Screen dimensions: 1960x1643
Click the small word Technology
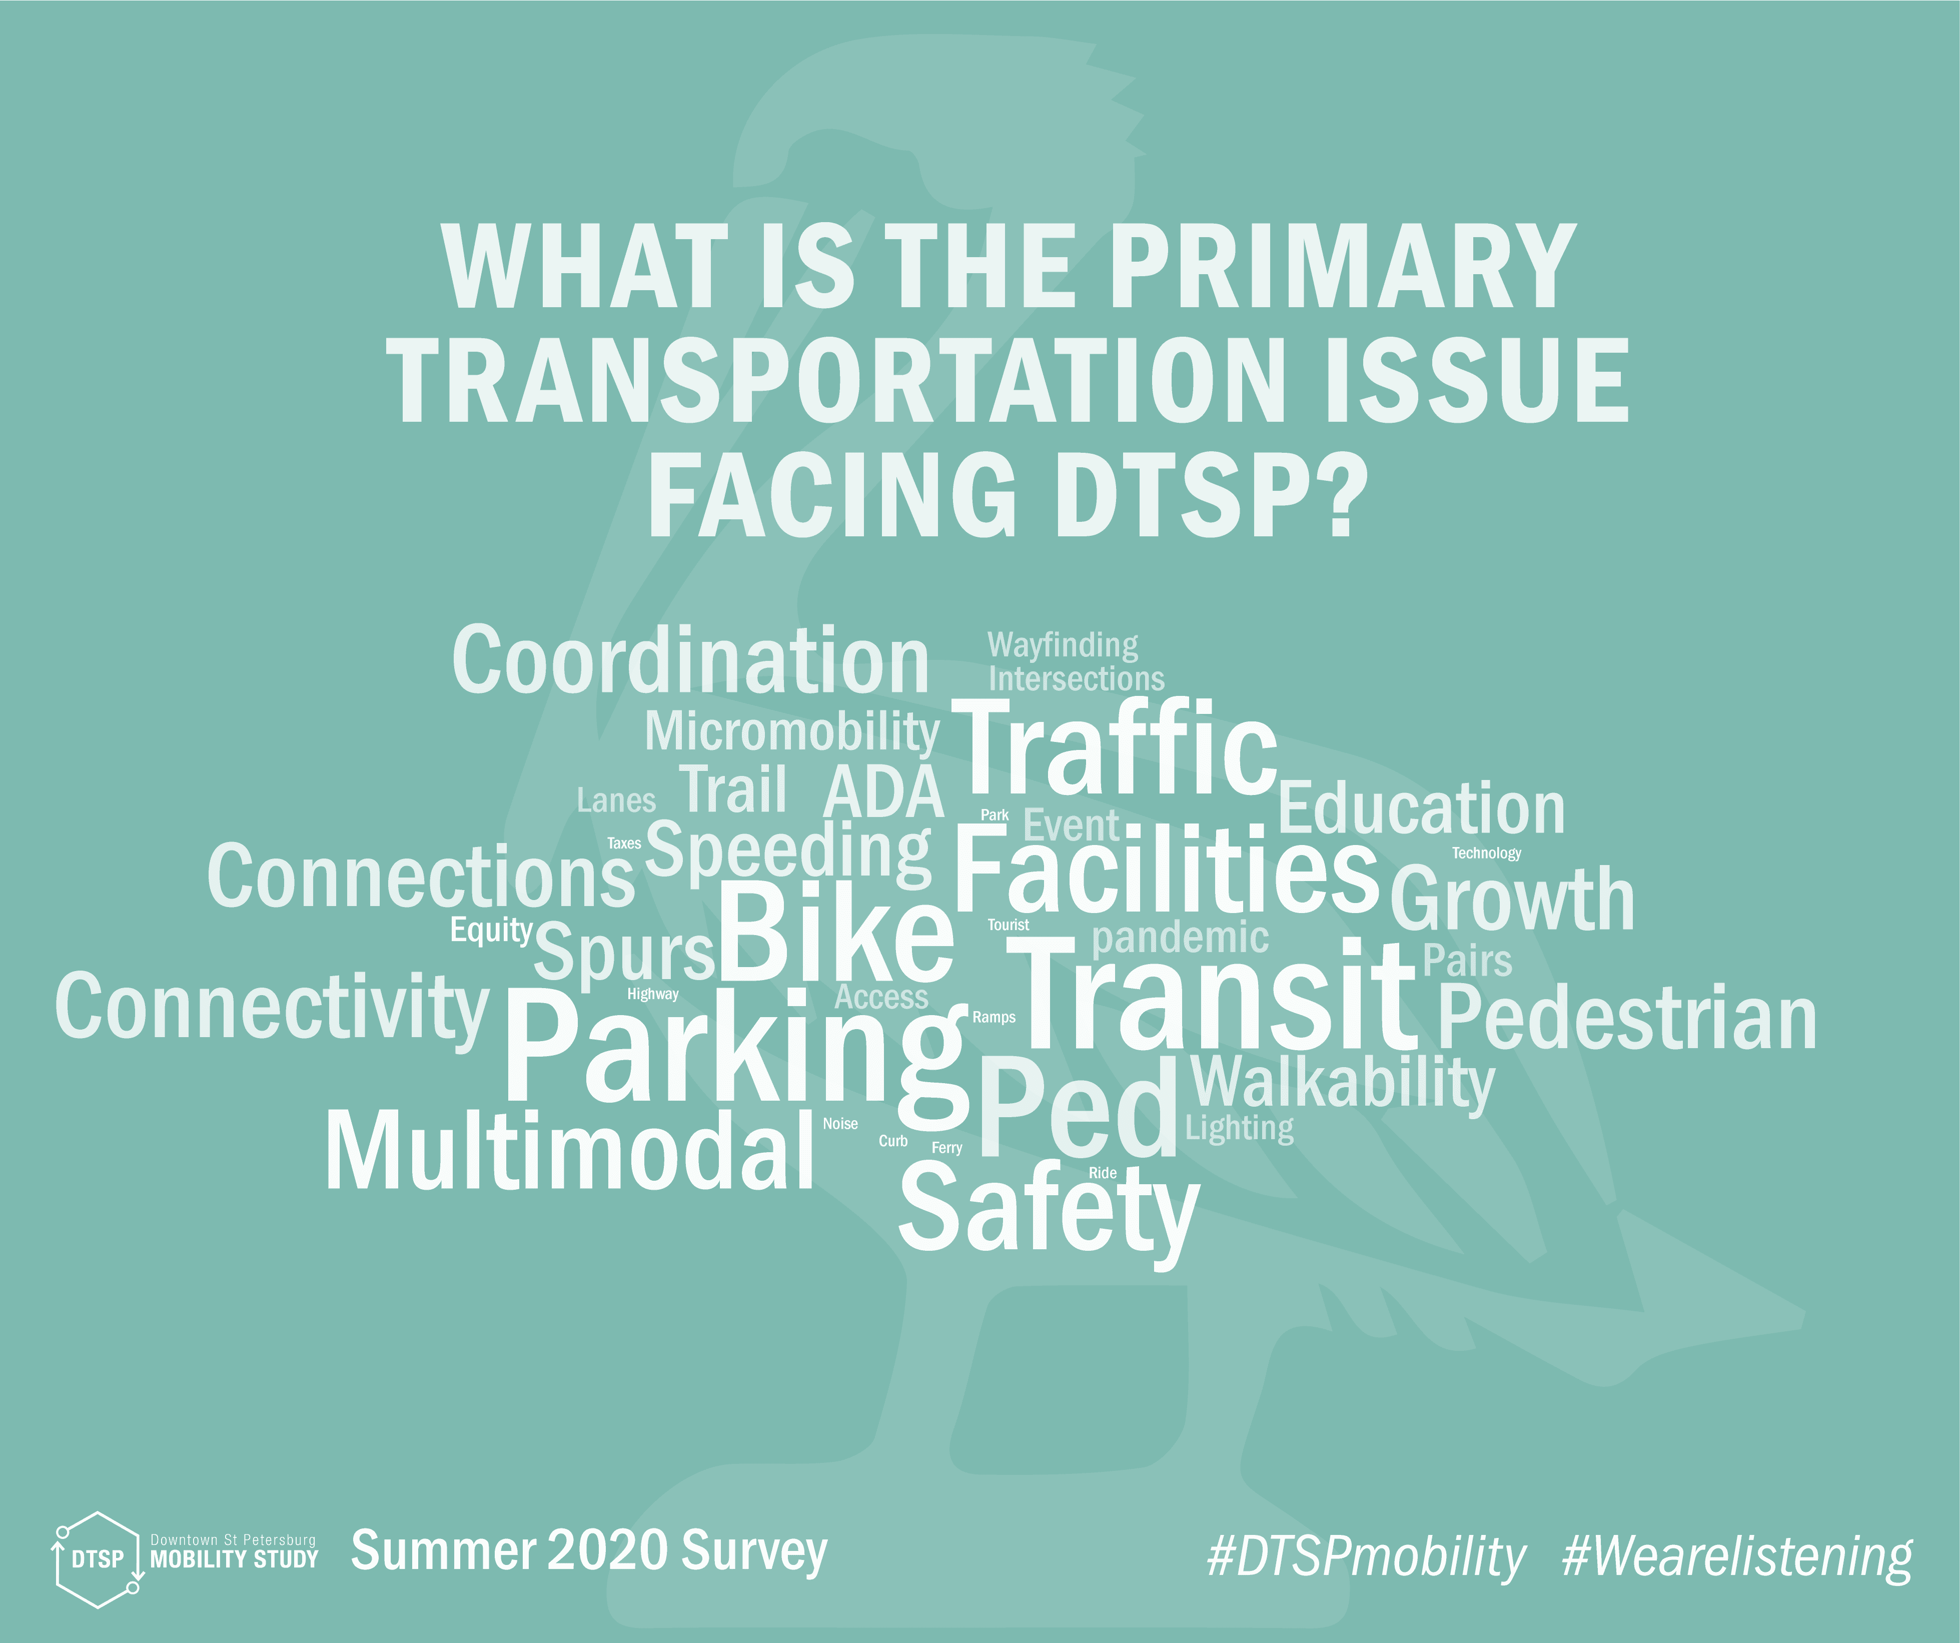tap(1486, 853)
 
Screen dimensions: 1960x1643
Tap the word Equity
tap(491, 931)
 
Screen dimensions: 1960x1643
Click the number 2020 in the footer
tap(607, 1550)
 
